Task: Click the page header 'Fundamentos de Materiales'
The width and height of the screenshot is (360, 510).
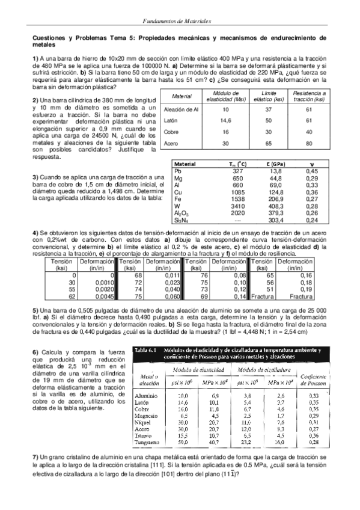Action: pyautogui.click(x=180, y=21)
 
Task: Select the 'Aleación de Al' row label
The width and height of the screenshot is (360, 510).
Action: pyautogui.click(x=181, y=109)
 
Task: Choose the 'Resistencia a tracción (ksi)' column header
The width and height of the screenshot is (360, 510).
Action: pyautogui.click(x=309, y=96)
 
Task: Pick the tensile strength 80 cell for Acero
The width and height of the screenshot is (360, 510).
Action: pyautogui.click(x=309, y=144)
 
